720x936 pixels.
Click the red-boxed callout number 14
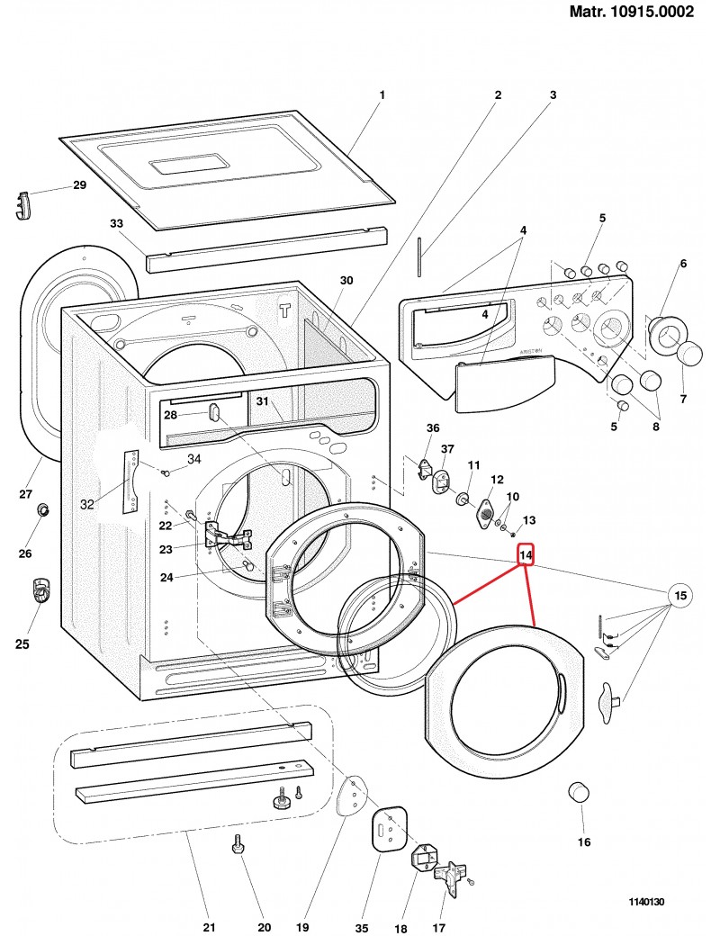526,557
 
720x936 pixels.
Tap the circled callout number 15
680,595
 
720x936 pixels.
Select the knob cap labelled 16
579,794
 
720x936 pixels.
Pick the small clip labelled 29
24,205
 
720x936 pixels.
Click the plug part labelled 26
42,511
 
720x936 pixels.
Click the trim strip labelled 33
266,248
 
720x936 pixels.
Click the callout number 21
209,928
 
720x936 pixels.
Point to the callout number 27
25,493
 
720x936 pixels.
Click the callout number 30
346,281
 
